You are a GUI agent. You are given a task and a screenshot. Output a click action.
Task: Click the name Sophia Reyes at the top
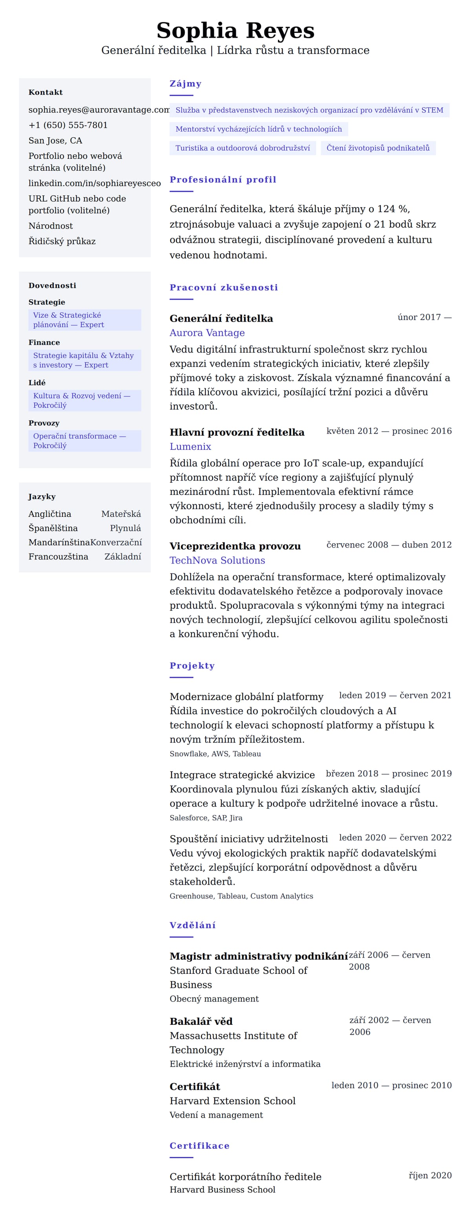(x=235, y=31)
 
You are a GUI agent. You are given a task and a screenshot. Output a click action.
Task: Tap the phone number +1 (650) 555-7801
(x=68, y=125)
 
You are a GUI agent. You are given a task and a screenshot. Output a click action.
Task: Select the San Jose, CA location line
(x=55, y=140)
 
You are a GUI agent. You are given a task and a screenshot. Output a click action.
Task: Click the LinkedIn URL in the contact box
(x=94, y=183)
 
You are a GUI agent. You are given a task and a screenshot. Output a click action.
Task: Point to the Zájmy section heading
(x=186, y=84)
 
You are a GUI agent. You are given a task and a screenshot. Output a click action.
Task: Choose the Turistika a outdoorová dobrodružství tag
(x=243, y=148)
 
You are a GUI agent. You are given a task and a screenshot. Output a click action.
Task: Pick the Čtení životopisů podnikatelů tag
(x=378, y=148)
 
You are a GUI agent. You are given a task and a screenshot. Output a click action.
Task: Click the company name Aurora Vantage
(x=207, y=333)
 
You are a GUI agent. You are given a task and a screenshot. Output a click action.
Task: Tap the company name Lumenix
(x=190, y=446)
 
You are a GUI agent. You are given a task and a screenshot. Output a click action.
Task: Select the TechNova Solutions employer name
(x=217, y=560)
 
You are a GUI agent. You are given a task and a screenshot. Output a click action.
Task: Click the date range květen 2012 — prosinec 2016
(x=389, y=431)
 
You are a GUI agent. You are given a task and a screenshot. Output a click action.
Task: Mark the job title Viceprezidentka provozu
(x=235, y=546)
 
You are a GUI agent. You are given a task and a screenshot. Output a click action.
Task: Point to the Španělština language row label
(x=53, y=528)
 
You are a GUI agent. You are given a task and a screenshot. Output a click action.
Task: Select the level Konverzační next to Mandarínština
(x=116, y=542)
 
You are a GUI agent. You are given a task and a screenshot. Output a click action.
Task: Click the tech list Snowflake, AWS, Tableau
(x=215, y=754)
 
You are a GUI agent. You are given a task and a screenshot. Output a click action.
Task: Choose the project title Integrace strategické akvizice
(x=242, y=775)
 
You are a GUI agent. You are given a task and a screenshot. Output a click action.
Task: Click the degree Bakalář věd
(x=201, y=1021)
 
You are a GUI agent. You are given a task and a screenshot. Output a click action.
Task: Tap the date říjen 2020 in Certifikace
(x=430, y=1175)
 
